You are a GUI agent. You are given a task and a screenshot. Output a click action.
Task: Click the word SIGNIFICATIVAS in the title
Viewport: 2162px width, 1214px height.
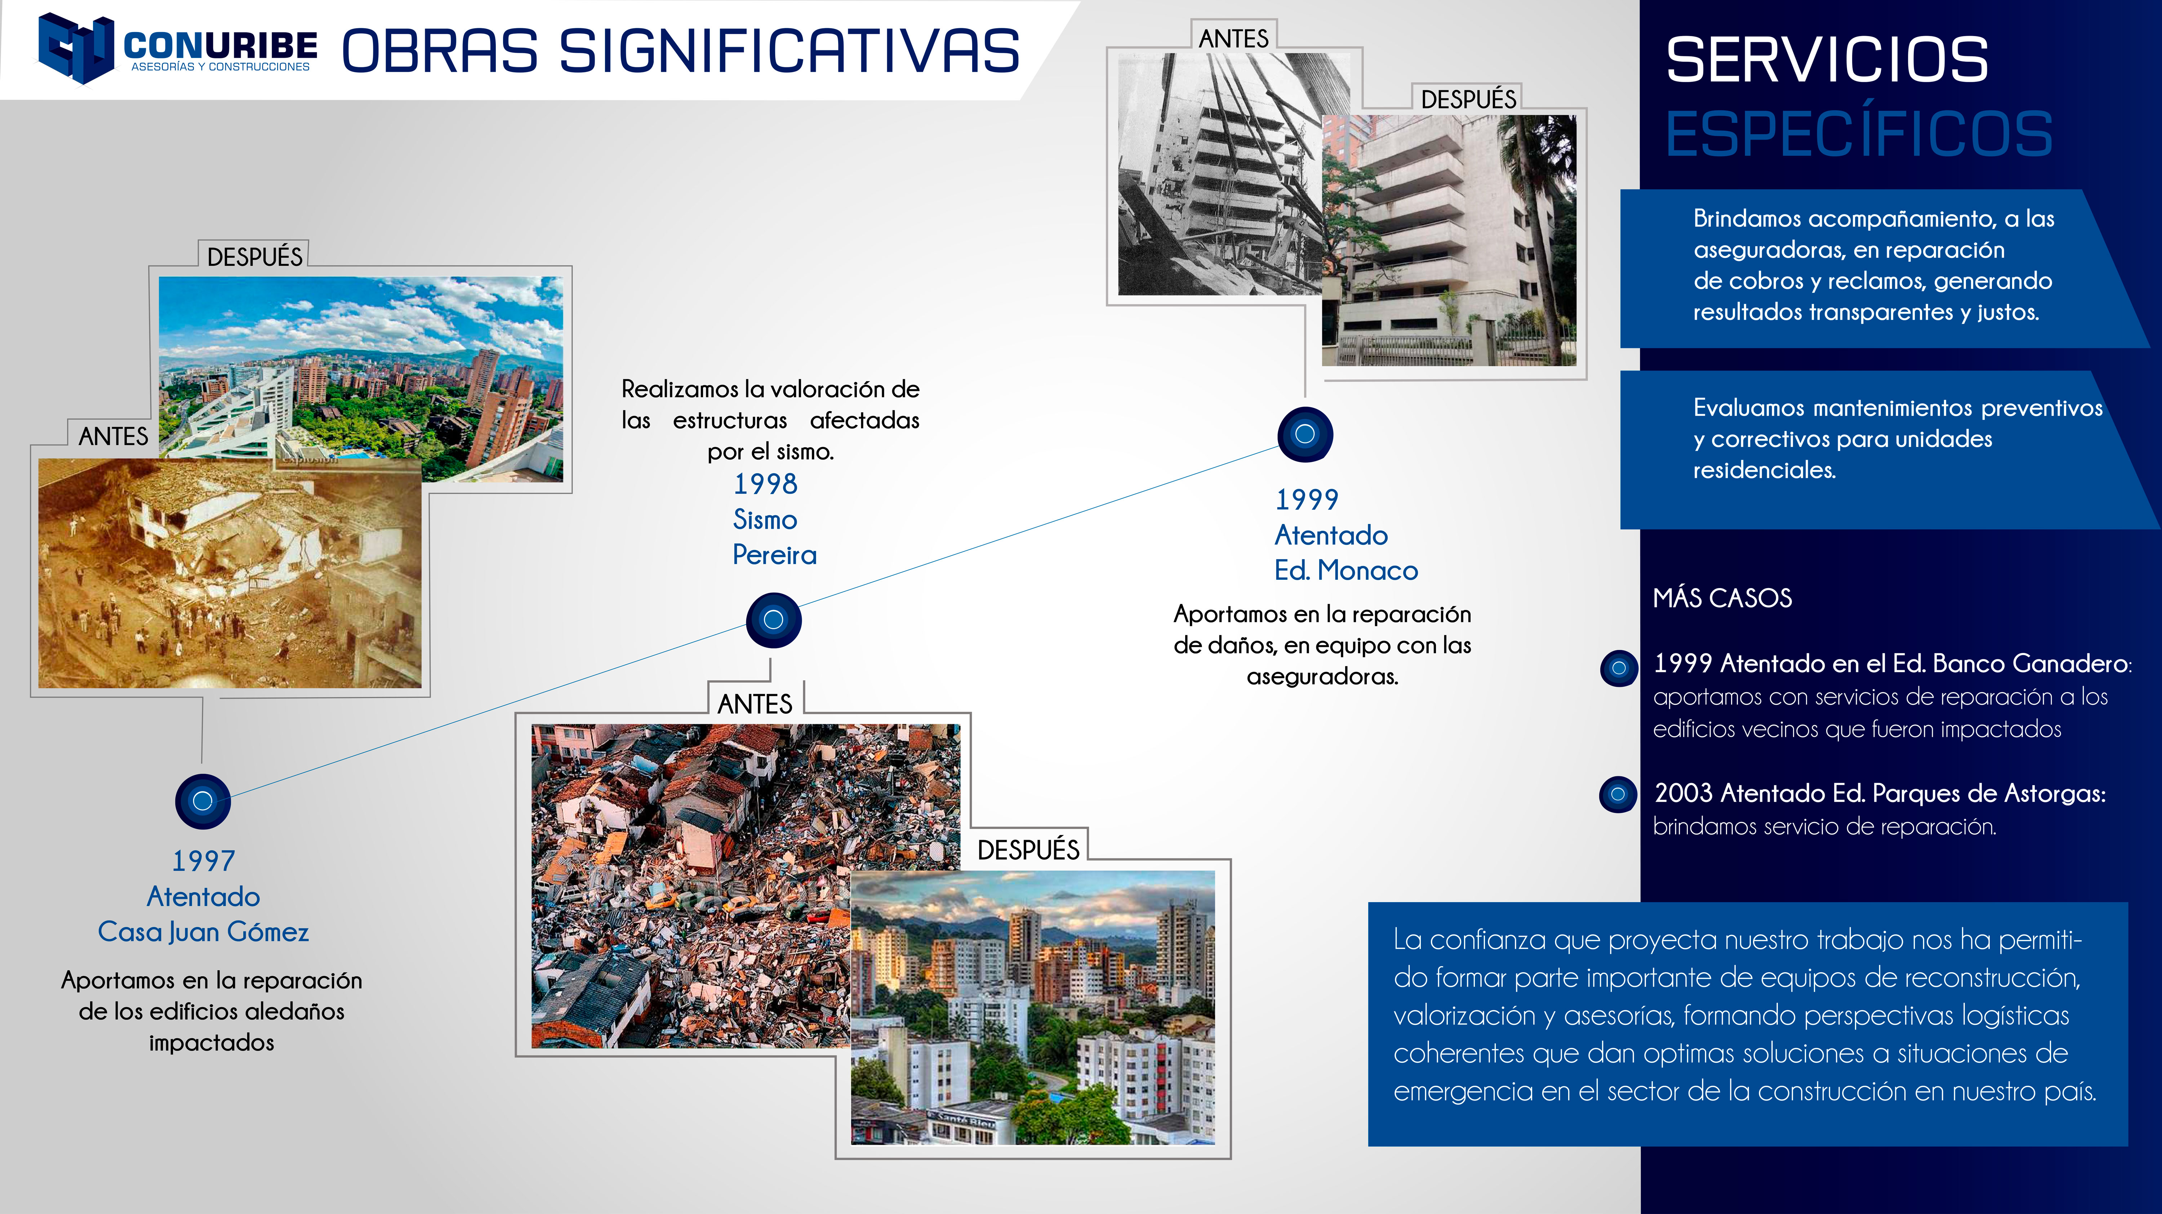tap(790, 51)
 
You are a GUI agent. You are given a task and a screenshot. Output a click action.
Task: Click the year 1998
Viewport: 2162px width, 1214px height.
tap(765, 484)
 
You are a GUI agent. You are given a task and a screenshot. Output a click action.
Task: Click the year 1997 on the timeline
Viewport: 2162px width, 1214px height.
tap(203, 861)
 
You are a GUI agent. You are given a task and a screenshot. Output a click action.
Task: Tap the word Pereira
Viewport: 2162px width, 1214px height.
tap(774, 555)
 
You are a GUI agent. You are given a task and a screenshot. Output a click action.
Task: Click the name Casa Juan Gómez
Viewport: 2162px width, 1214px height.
tap(203, 932)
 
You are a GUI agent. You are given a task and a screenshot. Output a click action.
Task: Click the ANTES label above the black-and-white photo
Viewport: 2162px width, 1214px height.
tap(1234, 39)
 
